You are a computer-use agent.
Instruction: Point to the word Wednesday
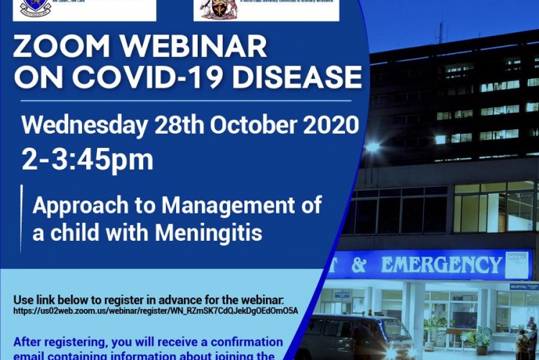[86, 125]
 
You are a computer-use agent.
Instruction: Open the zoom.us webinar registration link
[155, 310]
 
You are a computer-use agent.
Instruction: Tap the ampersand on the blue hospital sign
[359, 265]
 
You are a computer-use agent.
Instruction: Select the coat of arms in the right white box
[214, 8]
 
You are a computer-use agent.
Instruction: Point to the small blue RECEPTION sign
[524, 286]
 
